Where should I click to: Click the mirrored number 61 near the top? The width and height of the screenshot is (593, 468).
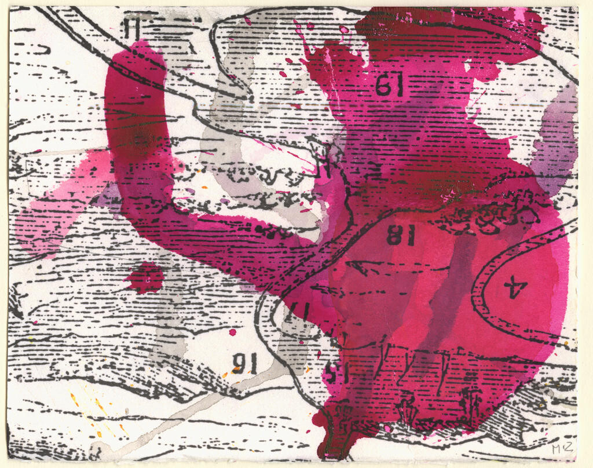tap(389, 86)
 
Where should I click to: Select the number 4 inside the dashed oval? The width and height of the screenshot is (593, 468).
tap(513, 286)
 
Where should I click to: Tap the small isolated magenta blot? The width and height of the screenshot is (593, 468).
tap(145, 277)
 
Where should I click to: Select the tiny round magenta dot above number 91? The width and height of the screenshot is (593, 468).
tap(232, 332)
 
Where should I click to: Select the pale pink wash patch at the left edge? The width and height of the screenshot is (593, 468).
tap(46, 214)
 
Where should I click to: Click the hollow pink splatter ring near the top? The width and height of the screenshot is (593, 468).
tap(344, 30)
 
